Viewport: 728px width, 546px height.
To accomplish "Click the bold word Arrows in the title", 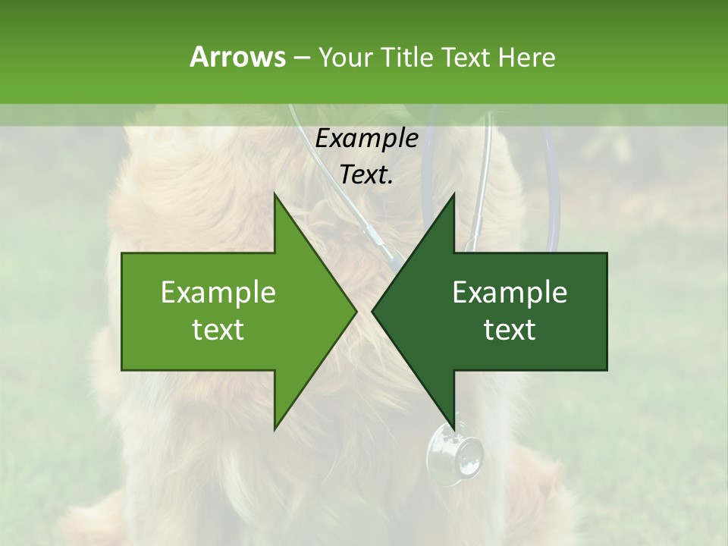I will click(x=237, y=57).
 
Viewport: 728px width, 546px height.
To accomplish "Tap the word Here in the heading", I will click(x=526, y=57).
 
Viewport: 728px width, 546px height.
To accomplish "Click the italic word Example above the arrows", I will click(x=366, y=139).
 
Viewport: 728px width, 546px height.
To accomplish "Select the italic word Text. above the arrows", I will click(x=366, y=174).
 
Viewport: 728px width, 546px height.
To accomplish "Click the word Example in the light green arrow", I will click(x=218, y=293).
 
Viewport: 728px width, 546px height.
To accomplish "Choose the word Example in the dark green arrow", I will click(x=510, y=293).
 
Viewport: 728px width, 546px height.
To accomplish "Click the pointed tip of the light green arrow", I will click(x=356, y=311).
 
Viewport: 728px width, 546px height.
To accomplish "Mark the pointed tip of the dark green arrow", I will click(x=372, y=311).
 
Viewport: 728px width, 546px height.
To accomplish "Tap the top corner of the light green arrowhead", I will click(x=275, y=194).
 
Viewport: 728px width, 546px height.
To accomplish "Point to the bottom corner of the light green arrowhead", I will click(x=275, y=428).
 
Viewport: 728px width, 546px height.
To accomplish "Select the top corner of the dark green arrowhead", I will click(x=454, y=194).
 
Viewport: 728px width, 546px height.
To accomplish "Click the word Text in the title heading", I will click(x=466, y=57).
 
